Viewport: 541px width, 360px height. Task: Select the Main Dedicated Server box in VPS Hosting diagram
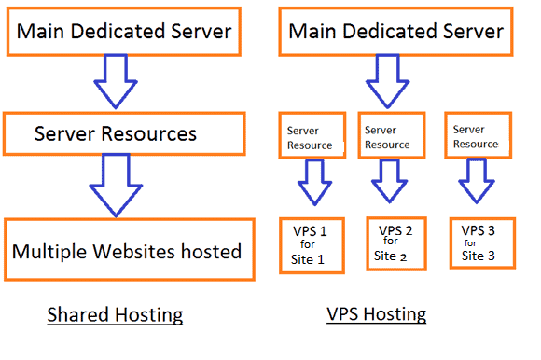point(395,31)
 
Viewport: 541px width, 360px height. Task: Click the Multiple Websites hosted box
point(128,249)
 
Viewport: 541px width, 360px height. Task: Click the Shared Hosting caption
point(115,315)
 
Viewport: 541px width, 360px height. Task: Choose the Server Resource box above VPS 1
point(309,137)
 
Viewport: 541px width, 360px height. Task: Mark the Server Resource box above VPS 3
point(475,137)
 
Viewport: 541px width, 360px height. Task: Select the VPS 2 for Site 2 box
point(392,242)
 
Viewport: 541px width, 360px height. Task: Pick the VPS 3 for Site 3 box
point(478,242)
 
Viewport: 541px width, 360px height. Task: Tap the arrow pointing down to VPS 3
point(477,182)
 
